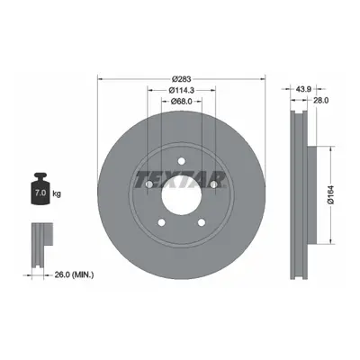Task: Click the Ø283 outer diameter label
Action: point(182,79)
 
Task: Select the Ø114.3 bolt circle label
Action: point(182,90)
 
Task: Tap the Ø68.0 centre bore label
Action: point(182,102)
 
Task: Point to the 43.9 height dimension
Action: point(303,89)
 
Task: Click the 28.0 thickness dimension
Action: point(320,101)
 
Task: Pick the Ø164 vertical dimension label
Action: point(331,194)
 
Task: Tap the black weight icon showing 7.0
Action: point(40,189)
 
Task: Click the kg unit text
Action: point(57,193)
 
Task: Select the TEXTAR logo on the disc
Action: point(181,179)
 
